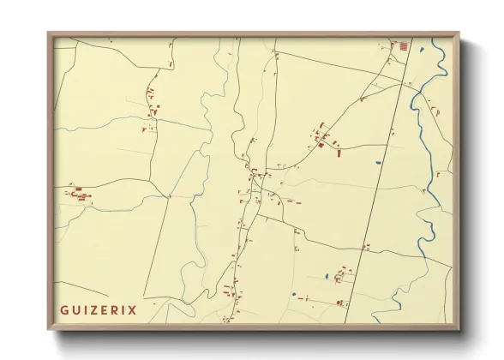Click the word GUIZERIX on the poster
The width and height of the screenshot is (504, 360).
(x=99, y=309)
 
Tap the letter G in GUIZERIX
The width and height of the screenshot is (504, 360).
(x=64, y=309)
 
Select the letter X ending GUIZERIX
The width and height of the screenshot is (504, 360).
(x=133, y=309)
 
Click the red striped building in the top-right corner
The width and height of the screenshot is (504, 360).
(x=402, y=45)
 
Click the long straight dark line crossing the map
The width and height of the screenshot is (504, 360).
(x=377, y=171)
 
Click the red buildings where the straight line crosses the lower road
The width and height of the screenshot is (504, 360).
(x=366, y=247)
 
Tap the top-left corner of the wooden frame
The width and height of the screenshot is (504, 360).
(x=49, y=34)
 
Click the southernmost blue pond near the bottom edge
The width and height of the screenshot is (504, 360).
(x=292, y=296)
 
